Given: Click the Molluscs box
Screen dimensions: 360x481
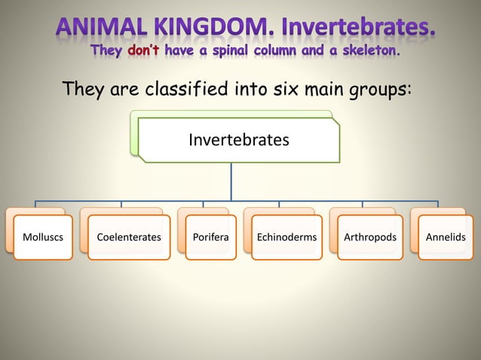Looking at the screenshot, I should click(43, 237).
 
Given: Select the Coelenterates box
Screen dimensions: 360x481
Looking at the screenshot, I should click(129, 237).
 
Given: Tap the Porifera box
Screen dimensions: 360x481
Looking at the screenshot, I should click(210, 237).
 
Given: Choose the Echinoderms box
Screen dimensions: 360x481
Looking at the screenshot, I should click(286, 237).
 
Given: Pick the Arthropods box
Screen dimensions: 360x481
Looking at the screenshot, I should click(369, 237).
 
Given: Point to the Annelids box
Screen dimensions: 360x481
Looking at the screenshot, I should click(446, 237).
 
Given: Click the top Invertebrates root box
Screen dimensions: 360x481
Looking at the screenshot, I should click(238, 140).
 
